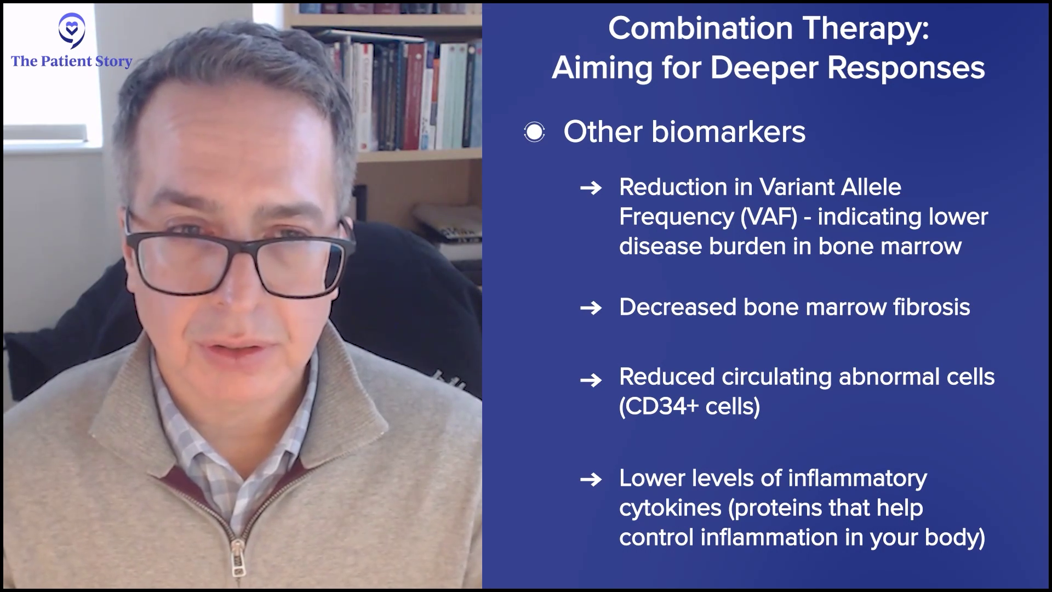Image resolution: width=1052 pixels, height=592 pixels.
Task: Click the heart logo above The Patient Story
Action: [x=72, y=30]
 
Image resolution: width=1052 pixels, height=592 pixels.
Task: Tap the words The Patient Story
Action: [x=72, y=61]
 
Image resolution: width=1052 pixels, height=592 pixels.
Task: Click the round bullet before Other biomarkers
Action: [x=534, y=132]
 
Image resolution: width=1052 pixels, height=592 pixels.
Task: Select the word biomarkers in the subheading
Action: [x=728, y=132]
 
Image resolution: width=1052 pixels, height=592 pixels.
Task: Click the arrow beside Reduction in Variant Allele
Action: [x=591, y=189]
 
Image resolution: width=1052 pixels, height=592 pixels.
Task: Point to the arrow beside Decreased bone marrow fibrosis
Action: [x=591, y=309]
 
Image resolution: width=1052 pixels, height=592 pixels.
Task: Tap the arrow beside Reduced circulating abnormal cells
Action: [x=591, y=379]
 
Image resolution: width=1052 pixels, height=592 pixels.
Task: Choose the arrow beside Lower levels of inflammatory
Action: [x=591, y=480]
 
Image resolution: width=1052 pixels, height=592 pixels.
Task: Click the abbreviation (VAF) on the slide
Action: [x=769, y=217]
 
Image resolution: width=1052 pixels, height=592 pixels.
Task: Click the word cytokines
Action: [x=670, y=508]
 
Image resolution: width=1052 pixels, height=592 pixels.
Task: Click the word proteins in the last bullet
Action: [x=775, y=508]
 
